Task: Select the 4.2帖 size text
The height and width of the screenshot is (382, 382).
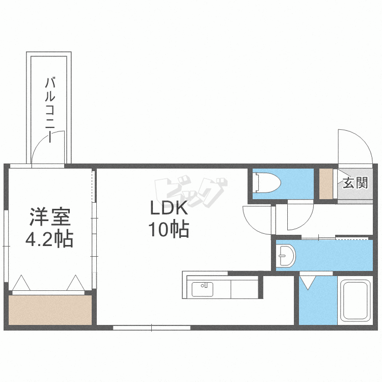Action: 49,238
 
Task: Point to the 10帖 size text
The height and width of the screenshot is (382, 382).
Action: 169,230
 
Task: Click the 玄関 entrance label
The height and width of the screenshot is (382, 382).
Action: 354,183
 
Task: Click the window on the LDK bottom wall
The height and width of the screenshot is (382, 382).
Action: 152,328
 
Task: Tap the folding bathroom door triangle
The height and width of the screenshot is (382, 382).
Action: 308,282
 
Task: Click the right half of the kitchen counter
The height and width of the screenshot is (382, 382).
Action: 245,289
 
